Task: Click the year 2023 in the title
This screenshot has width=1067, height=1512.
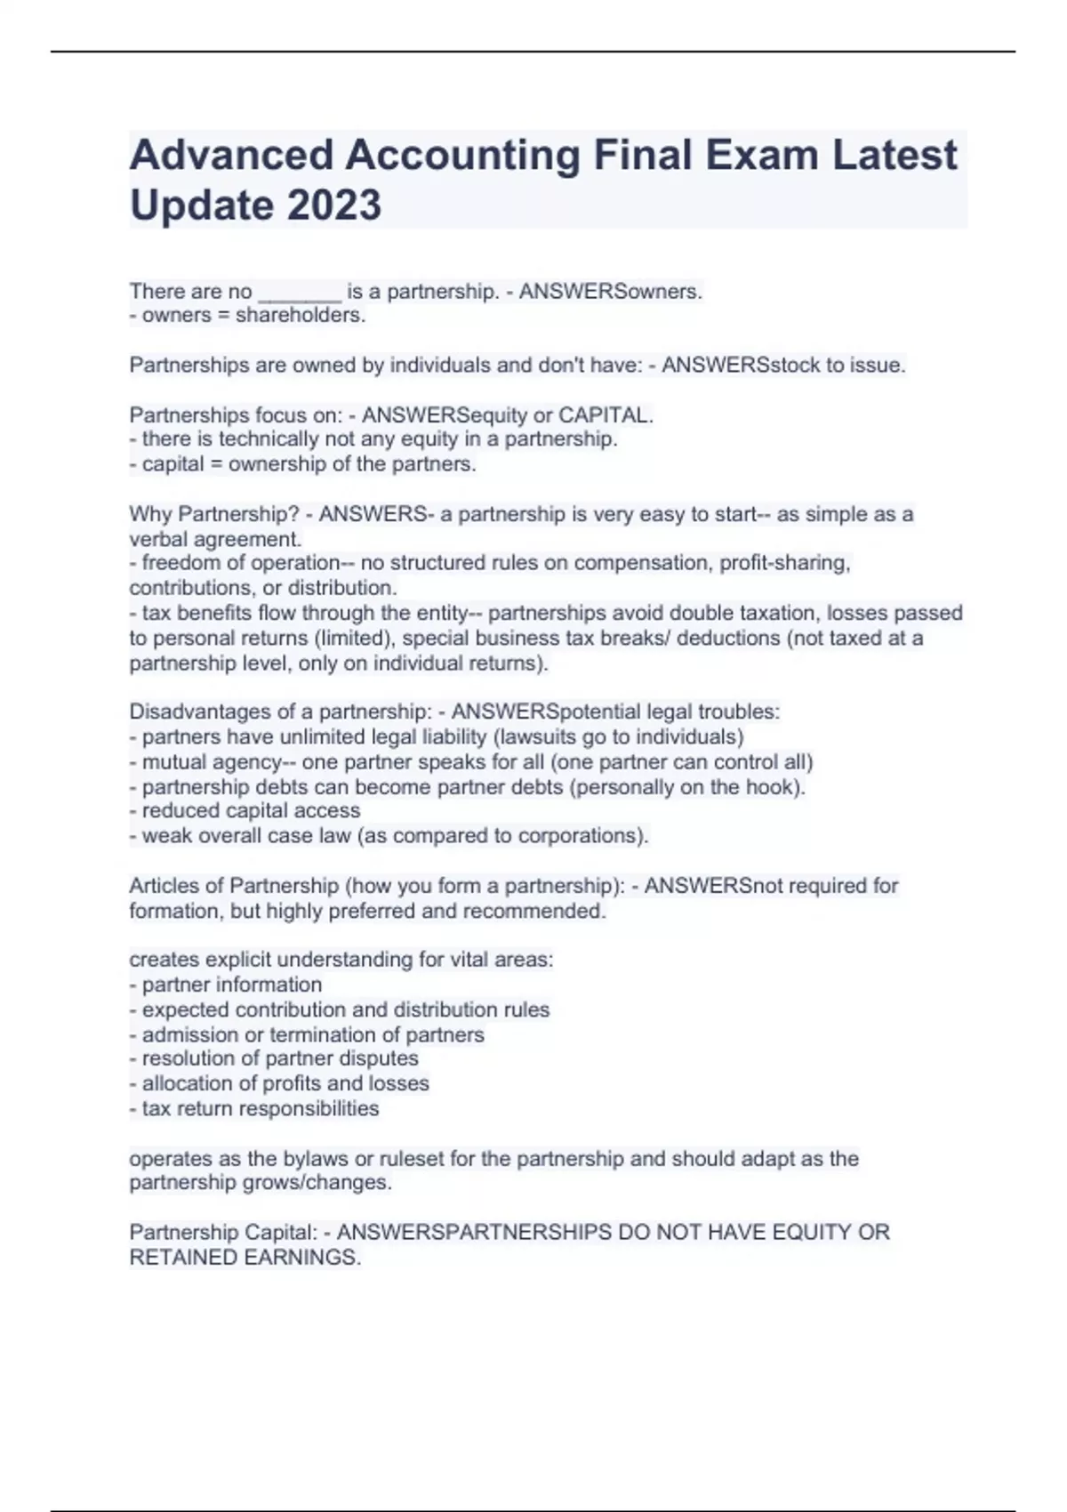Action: click(x=333, y=205)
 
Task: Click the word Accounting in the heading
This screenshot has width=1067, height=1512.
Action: click(x=461, y=155)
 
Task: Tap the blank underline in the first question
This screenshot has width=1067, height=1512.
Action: click(x=299, y=292)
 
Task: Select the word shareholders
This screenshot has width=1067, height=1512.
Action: click(x=300, y=316)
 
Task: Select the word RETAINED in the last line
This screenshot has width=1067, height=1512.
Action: click(x=172, y=1258)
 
